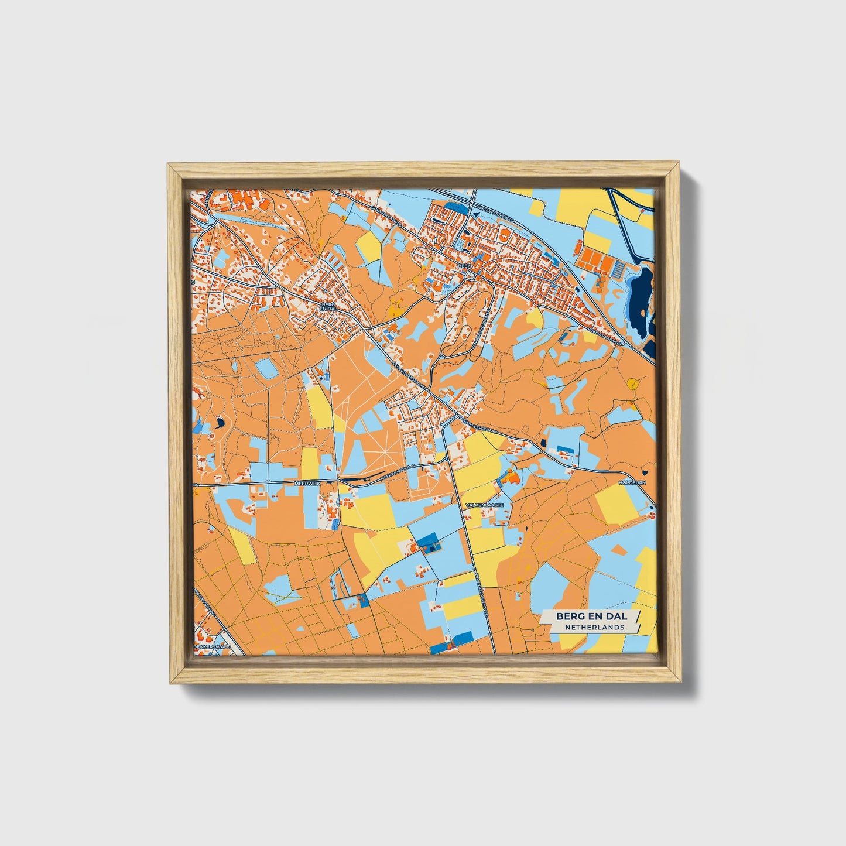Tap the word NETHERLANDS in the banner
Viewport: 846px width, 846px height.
594,627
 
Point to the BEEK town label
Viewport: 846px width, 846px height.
464,265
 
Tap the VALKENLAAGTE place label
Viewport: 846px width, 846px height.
484,504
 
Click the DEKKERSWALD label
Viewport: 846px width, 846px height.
211,647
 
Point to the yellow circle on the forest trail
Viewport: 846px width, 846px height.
632,383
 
